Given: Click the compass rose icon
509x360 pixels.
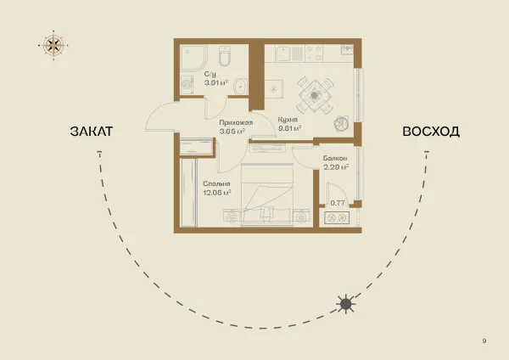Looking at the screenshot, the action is click(53, 45).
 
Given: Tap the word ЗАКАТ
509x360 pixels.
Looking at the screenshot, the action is click(92, 132).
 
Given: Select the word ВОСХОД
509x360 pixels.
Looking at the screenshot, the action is click(431, 132).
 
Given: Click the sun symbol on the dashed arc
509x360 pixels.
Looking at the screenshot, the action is click(346, 305).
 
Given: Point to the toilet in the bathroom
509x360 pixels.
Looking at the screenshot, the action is click(225, 55).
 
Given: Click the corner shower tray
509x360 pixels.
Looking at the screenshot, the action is click(193, 58).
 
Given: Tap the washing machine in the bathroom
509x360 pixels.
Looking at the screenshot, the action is click(187, 85).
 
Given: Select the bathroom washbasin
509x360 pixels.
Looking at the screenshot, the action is click(240, 87).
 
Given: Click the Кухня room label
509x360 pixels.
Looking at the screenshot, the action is click(288, 119).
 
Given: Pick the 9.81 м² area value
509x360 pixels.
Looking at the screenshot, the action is click(290, 128).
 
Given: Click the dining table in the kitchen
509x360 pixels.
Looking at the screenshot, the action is click(315, 95).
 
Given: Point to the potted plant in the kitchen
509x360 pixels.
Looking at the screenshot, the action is click(342, 123).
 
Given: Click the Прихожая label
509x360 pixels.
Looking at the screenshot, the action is click(236, 122).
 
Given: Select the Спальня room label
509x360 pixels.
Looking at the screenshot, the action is click(216, 183).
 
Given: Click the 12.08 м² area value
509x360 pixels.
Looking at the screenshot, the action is click(217, 193).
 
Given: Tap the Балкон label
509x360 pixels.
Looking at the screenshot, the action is click(335, 158).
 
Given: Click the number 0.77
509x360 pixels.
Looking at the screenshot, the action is click(338, 203).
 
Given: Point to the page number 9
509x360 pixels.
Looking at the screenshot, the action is click(484, 340).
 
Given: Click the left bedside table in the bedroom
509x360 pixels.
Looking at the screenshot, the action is click(232, 216).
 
